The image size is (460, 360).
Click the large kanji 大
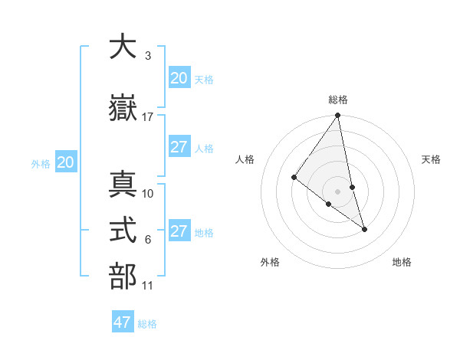pos(123,47)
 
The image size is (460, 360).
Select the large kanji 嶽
pos(123,109)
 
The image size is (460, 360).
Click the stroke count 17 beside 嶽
pos(148,117)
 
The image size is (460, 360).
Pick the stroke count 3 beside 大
pos(148,56)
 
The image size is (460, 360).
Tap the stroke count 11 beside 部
pos(148,286)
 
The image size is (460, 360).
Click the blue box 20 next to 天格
pos(179,78)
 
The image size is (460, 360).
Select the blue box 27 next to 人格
pos(179,147)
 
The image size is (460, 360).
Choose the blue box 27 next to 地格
pos(179,232)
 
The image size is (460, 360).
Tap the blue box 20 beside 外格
pos(66,162)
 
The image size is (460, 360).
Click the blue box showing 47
pos(123,322)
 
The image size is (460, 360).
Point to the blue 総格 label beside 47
pos(147,324)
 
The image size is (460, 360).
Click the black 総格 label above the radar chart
pos(337,100)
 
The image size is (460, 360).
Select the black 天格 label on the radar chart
pos(432,159)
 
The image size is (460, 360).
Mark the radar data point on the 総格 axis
pos(337,116)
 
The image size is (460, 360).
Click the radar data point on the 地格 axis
pos(364,229)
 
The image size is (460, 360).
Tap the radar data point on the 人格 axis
pos(294,177)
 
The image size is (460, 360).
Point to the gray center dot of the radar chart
pos(337,191)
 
